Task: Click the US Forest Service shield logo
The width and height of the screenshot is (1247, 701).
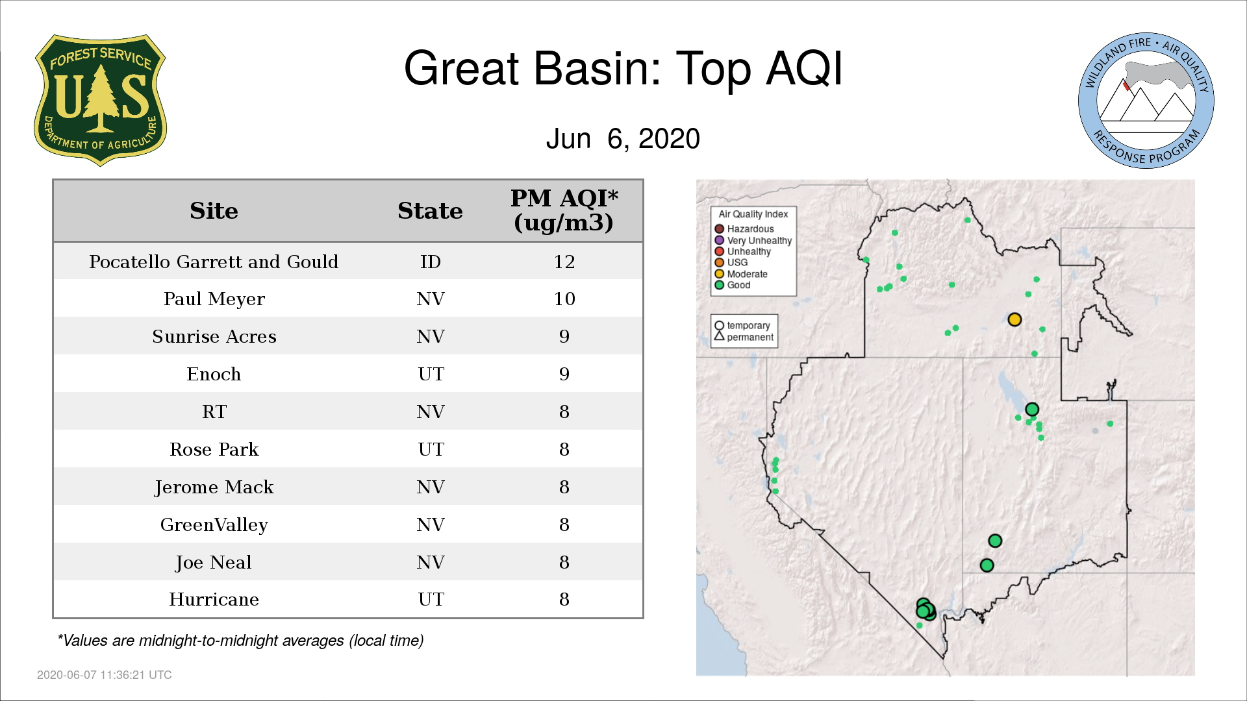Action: (100, 100)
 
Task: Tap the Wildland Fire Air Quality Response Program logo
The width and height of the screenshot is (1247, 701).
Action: (1146, 101)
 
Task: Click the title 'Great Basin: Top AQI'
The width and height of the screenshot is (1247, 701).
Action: (623, 68)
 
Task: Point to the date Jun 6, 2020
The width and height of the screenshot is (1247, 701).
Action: (623, 139)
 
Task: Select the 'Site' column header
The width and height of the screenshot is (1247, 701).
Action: (214, 211)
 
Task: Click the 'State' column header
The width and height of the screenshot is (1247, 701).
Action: (430, 211)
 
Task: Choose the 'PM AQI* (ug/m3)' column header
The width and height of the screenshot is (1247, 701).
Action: (564, 210)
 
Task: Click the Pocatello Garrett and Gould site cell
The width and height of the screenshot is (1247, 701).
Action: (214, 262)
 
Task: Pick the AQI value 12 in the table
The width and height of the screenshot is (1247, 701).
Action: (564, 262)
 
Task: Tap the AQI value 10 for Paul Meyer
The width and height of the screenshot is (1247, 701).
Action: (564, 299)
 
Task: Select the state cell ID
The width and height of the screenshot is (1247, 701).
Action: (430, 262)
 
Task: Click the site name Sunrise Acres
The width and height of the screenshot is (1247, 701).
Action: (214, 336)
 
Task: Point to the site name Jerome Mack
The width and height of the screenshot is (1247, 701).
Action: (214, 487)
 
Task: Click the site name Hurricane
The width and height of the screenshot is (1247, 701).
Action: (214, 599)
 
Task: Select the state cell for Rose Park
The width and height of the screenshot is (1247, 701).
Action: (431, 449)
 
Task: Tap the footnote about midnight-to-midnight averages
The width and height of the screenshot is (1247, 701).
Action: (240, 641)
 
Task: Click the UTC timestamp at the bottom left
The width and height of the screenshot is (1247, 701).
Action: (104, 675)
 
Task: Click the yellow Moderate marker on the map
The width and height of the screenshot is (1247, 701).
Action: (1014, 319)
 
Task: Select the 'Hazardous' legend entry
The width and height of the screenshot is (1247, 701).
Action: (744, 229)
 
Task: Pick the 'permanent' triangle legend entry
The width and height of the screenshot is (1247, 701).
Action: (744, 337)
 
